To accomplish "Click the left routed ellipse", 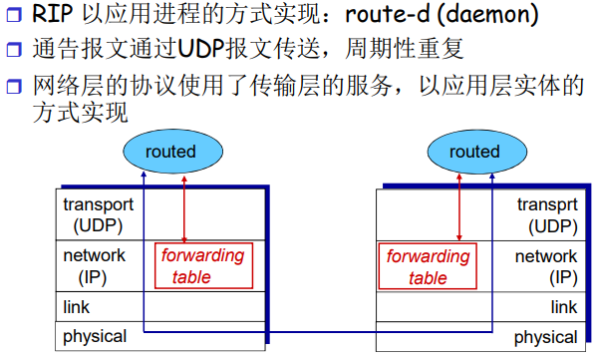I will click(x=170, y=152).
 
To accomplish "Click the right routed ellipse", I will click(x=473, y=152).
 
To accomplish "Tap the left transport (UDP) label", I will click(x=98, y=214).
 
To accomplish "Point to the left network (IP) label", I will click(x=94, y=266).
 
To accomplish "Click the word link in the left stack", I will click(x=77, y=307).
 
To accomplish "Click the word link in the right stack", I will click(x=564, y=307).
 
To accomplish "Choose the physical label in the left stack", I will click(x=95, y=336).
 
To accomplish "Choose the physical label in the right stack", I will click(x=545, y=337).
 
